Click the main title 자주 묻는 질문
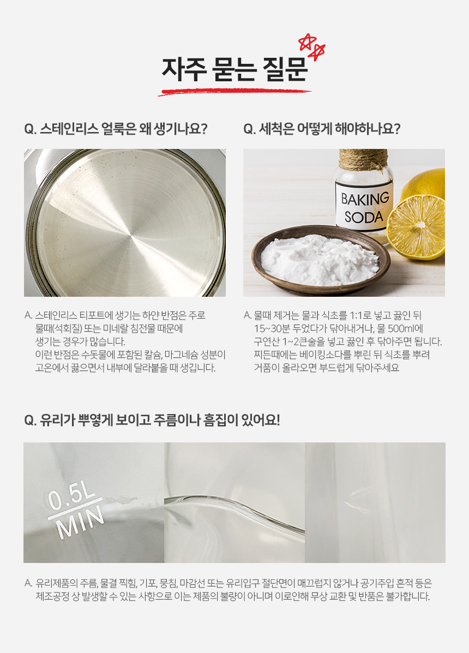(x=234, y=69)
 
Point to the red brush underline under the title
(x=234, y=92)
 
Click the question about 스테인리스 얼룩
(x=116, y=129)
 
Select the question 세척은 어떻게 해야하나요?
(x=322, y=129)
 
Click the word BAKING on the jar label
(x=365, y=199)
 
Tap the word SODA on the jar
(x=364, y=217)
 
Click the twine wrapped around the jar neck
(x=363, y=159)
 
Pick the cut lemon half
(x=416, y=227)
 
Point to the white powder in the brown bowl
(x=320, y=260)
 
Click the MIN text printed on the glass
(x=80, y=522)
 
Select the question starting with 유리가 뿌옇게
(x=152, y=420)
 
